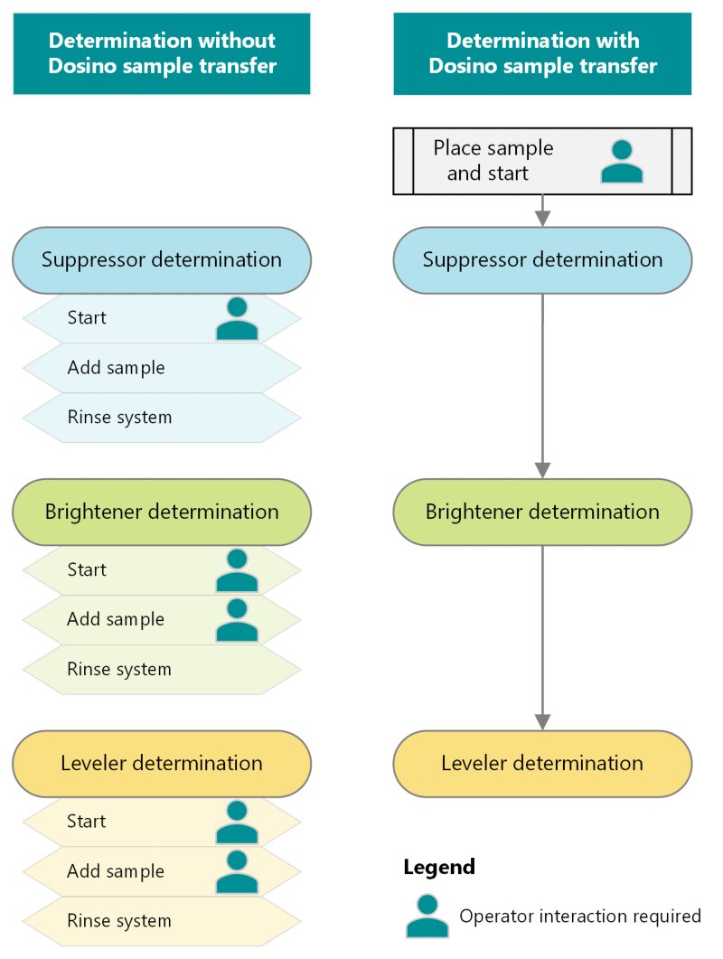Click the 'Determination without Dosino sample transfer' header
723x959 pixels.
coord(162,53)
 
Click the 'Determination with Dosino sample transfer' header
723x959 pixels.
coord(542,53)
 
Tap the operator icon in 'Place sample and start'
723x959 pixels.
coord(622,162)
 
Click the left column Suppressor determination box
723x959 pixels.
coord(162,260)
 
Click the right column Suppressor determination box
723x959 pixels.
coord(542,260)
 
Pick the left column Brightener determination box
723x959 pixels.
coord(162,512)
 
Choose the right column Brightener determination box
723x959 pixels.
coord(542,512)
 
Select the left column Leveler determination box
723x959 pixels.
coord(162,764)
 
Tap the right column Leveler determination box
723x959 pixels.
coord(542,764)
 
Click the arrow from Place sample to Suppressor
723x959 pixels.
coord(542,211)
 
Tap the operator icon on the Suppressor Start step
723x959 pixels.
coord(237,318)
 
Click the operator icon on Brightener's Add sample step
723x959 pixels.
coord(237,620)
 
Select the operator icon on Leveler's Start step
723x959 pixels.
coord(237,822)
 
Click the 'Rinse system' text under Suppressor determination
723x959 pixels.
coord(119,418)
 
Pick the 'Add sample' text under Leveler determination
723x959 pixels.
coord(116,871)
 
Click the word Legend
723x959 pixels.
coord(439,868)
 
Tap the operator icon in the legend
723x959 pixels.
coord(427,916)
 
